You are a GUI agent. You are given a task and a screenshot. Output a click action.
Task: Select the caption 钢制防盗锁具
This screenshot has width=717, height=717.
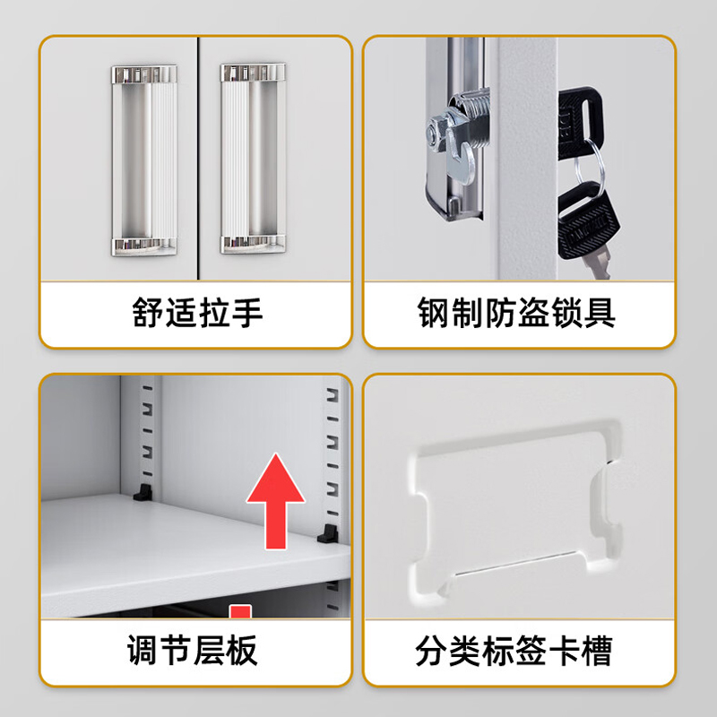(x=517, y=314)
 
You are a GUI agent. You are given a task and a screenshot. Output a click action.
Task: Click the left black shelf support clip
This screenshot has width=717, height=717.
(x=142, y=492)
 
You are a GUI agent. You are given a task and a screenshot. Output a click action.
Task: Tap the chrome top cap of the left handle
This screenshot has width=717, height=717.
(x=143, y=73)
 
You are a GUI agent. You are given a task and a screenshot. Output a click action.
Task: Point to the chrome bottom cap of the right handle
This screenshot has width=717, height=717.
(x=254, y=242)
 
